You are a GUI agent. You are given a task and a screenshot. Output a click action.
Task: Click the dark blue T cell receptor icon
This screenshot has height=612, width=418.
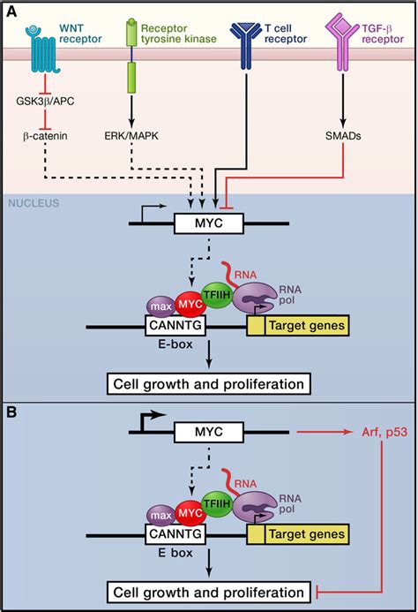click(244, 40)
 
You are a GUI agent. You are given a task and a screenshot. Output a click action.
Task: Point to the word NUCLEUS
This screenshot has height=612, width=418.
click(33, 203)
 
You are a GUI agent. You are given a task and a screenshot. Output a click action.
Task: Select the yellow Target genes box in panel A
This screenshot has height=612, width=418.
click(298, 328)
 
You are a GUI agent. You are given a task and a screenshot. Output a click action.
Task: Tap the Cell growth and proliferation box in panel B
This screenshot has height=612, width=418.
click(208, 591)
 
